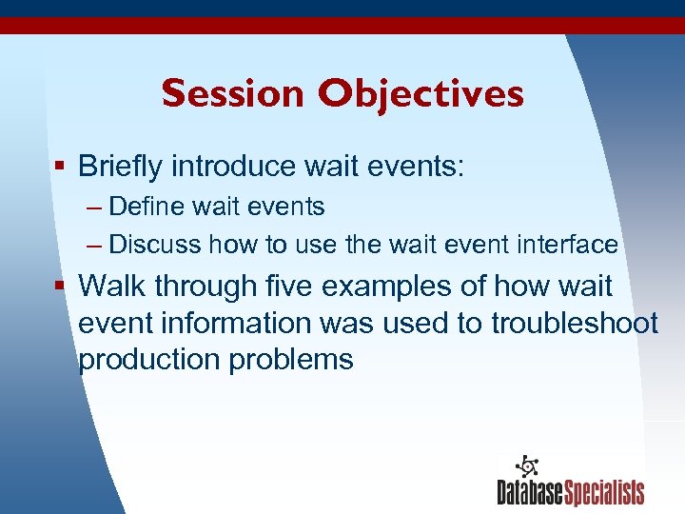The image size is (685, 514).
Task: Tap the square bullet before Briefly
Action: click(60, 167)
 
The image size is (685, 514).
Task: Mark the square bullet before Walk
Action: click(60, 286)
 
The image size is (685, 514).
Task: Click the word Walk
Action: click(112, 286)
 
